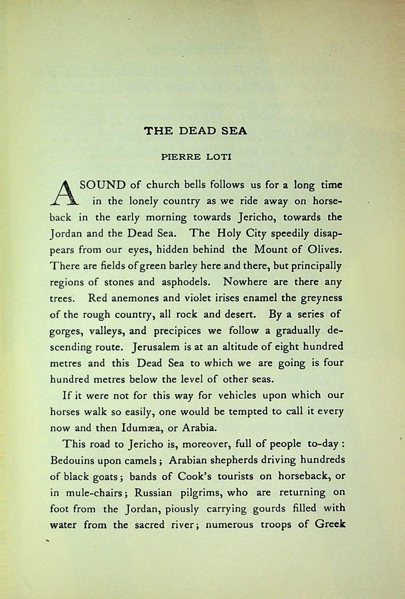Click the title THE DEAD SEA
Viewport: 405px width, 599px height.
click(196, 131)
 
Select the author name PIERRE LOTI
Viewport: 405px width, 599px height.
click(196, 157)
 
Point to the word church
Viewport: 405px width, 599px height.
click(163, 185)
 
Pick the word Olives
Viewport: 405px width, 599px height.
click(322, 250)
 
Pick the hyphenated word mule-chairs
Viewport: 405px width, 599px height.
click(91, 493)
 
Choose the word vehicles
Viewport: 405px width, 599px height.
click(237, 395)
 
